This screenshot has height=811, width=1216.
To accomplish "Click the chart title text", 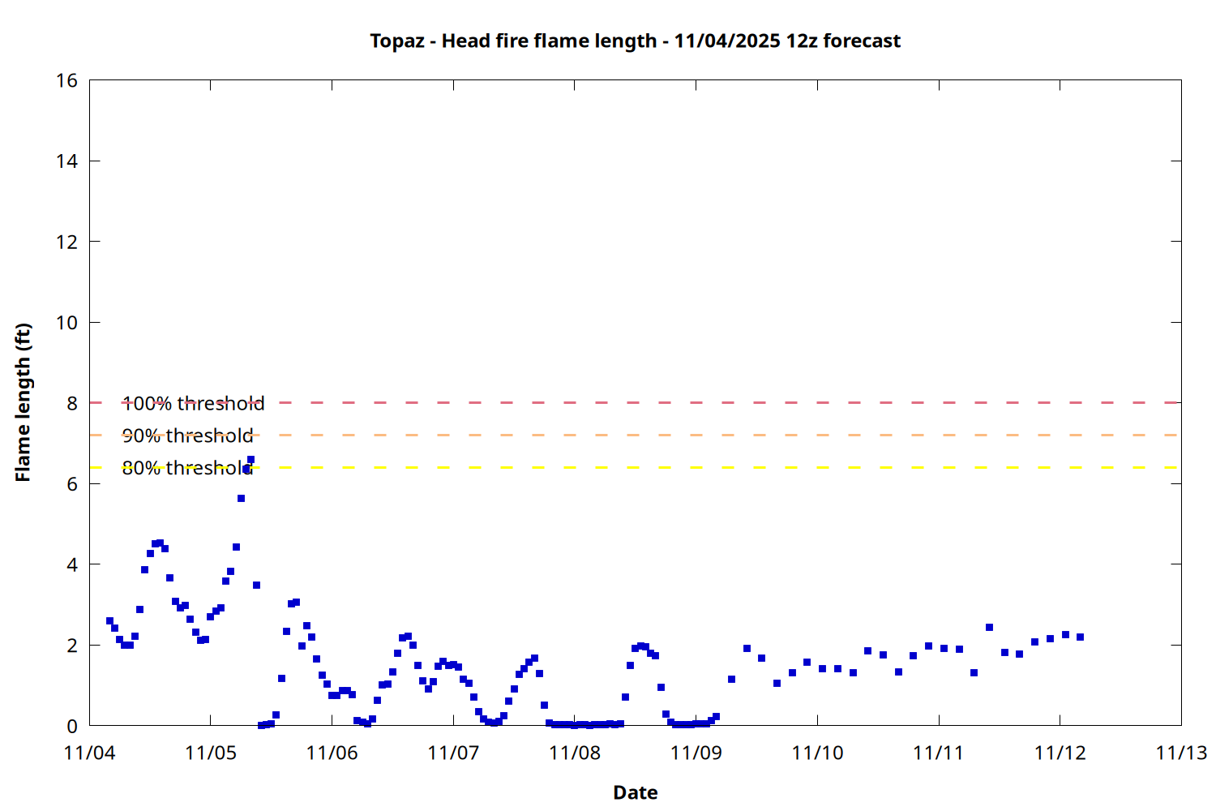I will click(x=635, y=41).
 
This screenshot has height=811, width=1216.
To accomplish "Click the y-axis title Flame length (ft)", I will click(x=23, y=402).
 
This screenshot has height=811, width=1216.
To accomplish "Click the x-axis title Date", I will click(x=635, y=792).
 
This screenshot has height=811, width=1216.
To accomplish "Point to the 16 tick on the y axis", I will click(x=67, y=80).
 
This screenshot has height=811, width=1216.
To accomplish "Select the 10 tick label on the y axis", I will click(x=67, y=322).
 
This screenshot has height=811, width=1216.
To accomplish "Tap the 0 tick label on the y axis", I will click(x=73, y=726).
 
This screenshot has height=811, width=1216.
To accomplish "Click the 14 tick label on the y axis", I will click(x=67, y=161).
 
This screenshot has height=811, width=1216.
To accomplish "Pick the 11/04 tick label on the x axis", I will click(x=89, y=753).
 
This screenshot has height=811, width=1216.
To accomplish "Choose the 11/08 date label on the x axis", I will click(x=575, y=753).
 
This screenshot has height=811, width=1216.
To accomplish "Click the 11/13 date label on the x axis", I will click(x=1181, y=753).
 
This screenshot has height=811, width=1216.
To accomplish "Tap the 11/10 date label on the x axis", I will click(x=817, y=753).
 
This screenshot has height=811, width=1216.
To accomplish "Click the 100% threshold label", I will click(x=193, y=403).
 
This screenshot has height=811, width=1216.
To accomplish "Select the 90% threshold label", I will click(x=187, y=436).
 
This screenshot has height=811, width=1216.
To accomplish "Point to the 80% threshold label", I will click(x=187, y=468).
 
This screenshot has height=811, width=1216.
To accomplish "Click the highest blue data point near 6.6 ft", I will click(x=250, y=459).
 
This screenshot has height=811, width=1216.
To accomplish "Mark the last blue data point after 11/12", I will click(x=1080, y=637).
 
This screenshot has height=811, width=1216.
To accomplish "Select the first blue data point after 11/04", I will click(x=109, y=620).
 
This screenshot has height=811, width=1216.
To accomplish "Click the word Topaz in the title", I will click(x=397, y=41).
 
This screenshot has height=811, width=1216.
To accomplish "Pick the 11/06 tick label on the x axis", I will click(x=332, y=753).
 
